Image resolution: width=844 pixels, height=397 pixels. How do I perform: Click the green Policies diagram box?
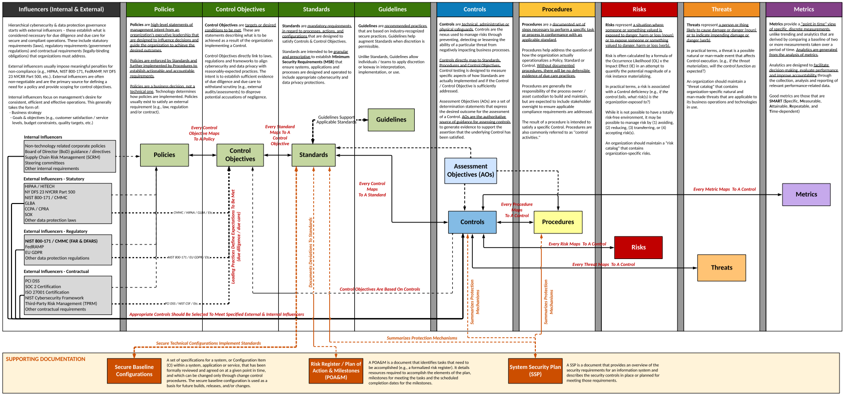click(164, 155)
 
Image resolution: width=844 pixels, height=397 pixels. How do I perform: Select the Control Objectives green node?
click(240, 155)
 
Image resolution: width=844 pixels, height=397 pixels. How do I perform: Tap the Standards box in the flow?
click(314, 155)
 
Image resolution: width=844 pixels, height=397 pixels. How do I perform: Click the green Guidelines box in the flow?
click(391, 120)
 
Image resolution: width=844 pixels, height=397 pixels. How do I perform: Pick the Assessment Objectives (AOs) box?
click(470, 170)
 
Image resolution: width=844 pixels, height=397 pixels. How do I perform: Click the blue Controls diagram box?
click(472, 222)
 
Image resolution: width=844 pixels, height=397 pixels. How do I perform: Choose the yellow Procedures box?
click(558, 222)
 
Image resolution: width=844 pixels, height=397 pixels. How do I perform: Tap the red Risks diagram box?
click(638, 247)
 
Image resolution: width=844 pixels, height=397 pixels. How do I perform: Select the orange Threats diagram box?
click(721, 267)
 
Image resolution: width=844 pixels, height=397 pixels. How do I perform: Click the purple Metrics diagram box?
click(806, 194)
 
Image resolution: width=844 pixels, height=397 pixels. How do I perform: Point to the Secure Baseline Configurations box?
click(134, 370)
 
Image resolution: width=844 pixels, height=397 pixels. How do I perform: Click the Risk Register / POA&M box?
click(336, 370)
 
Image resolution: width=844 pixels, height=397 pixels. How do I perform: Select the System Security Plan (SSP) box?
click(535, 370)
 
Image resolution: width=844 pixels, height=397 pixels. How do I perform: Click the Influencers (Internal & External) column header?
click(61, 9)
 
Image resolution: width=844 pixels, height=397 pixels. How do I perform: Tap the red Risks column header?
click(639, 9)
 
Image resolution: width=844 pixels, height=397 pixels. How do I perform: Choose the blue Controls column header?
click(474, 9)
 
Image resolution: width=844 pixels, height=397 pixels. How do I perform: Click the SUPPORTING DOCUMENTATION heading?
click(46, 359)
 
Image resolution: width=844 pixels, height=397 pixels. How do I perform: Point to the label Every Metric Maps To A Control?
click(724, 189)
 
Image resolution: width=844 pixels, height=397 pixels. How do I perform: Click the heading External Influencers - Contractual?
click(56, 271)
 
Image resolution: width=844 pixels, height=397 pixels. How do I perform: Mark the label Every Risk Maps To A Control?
click(577, 244)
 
